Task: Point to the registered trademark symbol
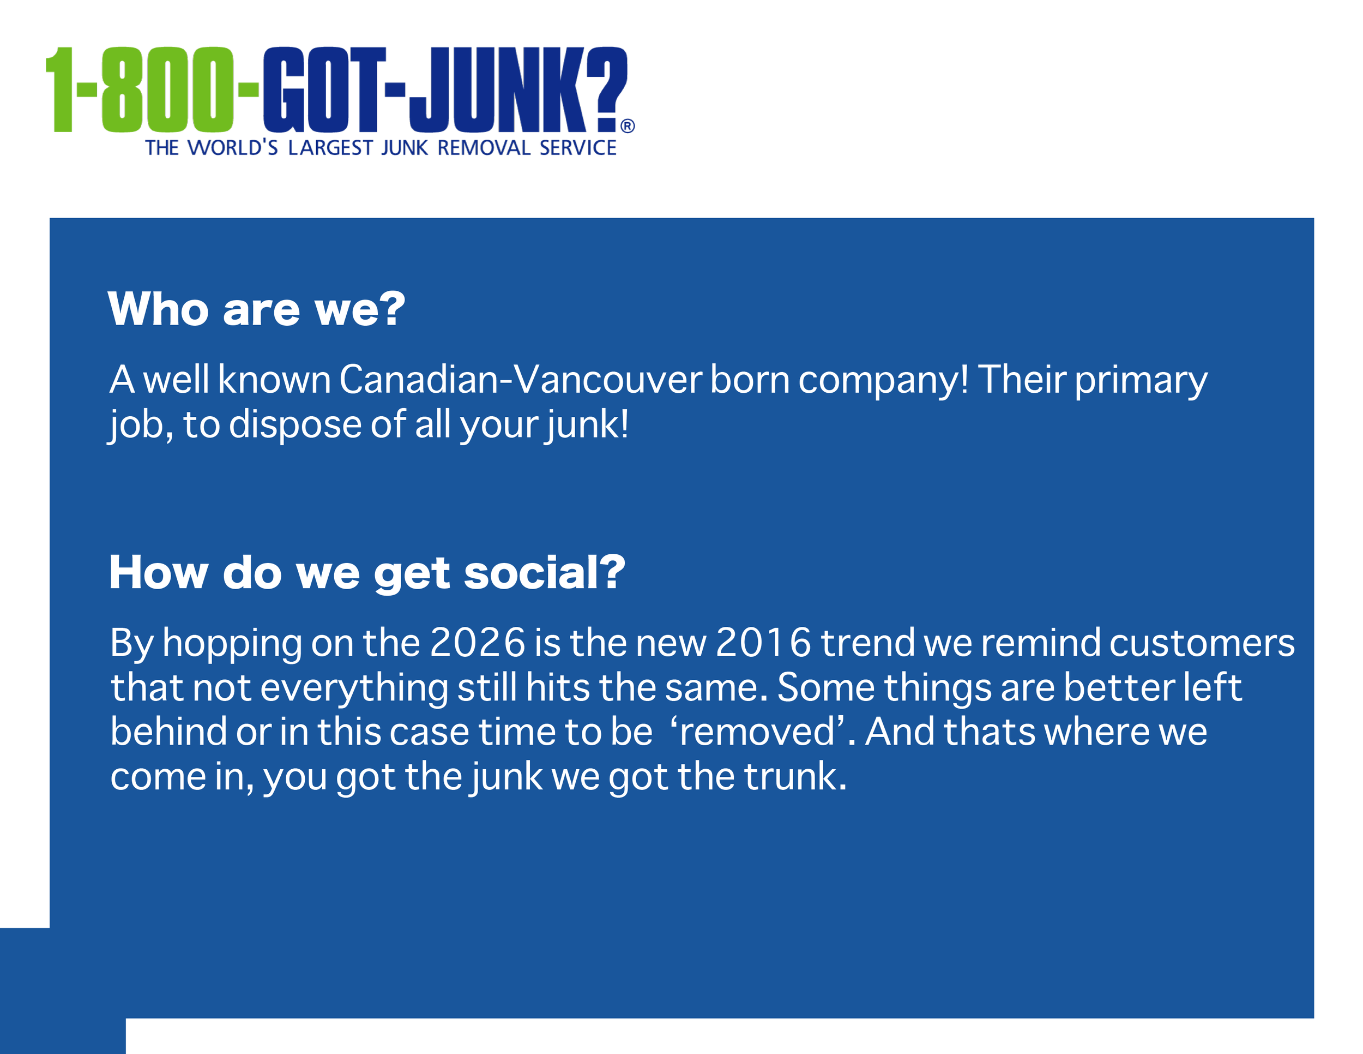coord(627,126)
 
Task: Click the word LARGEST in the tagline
coord(330,148)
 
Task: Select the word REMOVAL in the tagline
coord(484,148)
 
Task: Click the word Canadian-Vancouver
coord(521,379)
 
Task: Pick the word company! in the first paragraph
coord(883,380)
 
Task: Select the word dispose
coord(296,424)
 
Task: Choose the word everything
coord(354,687)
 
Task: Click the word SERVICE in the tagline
coord(578,148)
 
